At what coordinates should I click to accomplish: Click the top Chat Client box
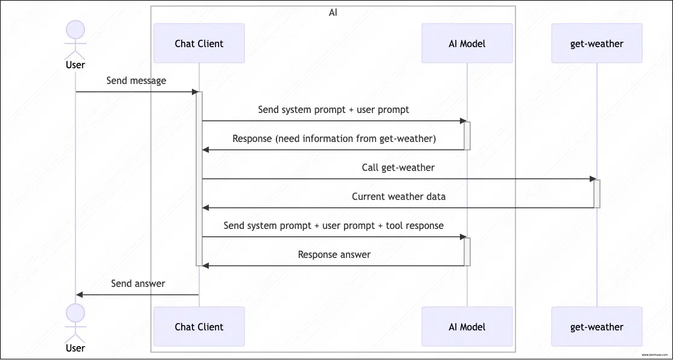[x=199, y=43]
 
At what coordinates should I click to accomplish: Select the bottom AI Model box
[x=467, y=327]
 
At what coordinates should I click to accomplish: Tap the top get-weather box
[x=596, y=43]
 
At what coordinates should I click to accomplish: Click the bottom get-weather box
[x=596, y=327]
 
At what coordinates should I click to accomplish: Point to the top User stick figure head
[x=75, y=29]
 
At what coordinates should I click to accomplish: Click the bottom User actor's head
[x=75, y=312]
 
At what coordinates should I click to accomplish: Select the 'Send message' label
[x=136, y=80]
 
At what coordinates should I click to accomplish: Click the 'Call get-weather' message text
[x=398, y=167]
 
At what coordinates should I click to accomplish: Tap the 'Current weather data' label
[x=398, y=196]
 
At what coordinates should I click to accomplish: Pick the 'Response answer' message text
[x=334, y=254]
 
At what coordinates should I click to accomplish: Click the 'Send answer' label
[x=138, y=283]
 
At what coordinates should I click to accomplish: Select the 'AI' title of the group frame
[x=333, y=12]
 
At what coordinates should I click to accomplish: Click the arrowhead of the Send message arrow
[x=195, y=92]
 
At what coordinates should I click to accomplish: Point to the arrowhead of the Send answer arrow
[x=80, y=295]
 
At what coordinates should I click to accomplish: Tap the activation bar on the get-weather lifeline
[x=596, y=193]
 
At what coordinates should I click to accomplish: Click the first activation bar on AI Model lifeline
[x=467, y=135]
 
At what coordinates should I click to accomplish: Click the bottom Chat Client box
[x=199, y=327]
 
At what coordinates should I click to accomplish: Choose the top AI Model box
[x=467, y=43]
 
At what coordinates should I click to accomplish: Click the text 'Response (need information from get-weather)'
[x=334, y=138]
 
